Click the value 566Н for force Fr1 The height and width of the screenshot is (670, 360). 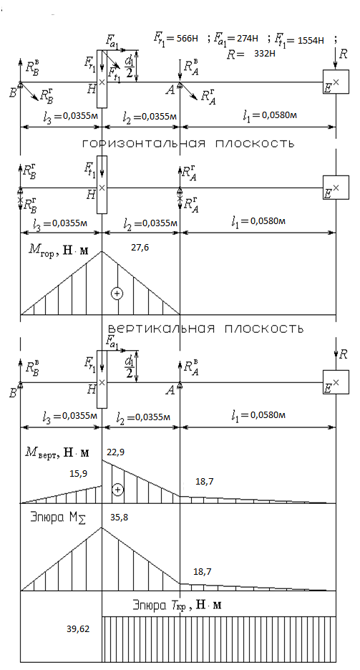(188, 38)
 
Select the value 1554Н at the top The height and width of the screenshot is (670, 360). (311, 41)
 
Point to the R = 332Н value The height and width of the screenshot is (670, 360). (249, 54)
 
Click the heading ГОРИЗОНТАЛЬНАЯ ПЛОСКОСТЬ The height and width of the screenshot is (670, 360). (188, 144)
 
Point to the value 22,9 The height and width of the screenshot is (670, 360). (116, 452)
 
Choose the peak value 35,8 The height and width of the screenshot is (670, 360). (119, 517)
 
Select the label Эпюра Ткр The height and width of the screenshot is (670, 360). (177, 605)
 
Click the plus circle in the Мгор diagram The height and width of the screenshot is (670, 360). (117, 293)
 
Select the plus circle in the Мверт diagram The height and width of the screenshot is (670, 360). (118, 490)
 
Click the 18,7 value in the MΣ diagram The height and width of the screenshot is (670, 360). (203, 572)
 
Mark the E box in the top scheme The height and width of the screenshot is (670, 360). (336, 82)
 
